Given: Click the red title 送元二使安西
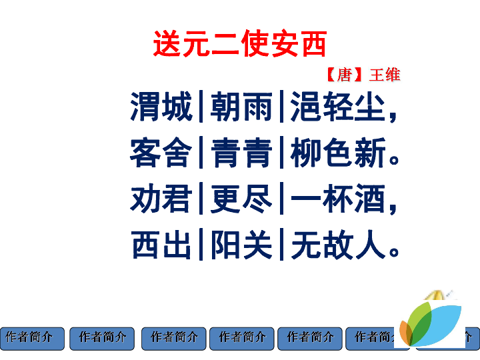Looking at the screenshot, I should (x=239, y=45).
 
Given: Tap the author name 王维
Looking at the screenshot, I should (x=385, y=74).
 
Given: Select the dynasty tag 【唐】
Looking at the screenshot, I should (x=344, y=74).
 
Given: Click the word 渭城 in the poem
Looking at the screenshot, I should (x=161, y=107).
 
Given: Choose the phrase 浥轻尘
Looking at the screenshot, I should (x=337, y=107).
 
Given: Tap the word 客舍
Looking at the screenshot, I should (x=161, y=154).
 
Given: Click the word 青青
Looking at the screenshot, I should (x=241, y=154).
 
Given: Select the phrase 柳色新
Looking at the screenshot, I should (x=337, y=154).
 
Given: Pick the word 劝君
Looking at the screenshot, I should (x=161, y=199).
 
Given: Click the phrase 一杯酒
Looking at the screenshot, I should (x=337, y=199).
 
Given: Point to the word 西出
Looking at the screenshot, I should (x=161, y=245).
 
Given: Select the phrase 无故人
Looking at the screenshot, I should (x=337, y=245).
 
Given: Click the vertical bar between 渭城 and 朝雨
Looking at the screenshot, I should (x=201, y=107).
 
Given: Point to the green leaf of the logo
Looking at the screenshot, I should (x=420, y=319).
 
